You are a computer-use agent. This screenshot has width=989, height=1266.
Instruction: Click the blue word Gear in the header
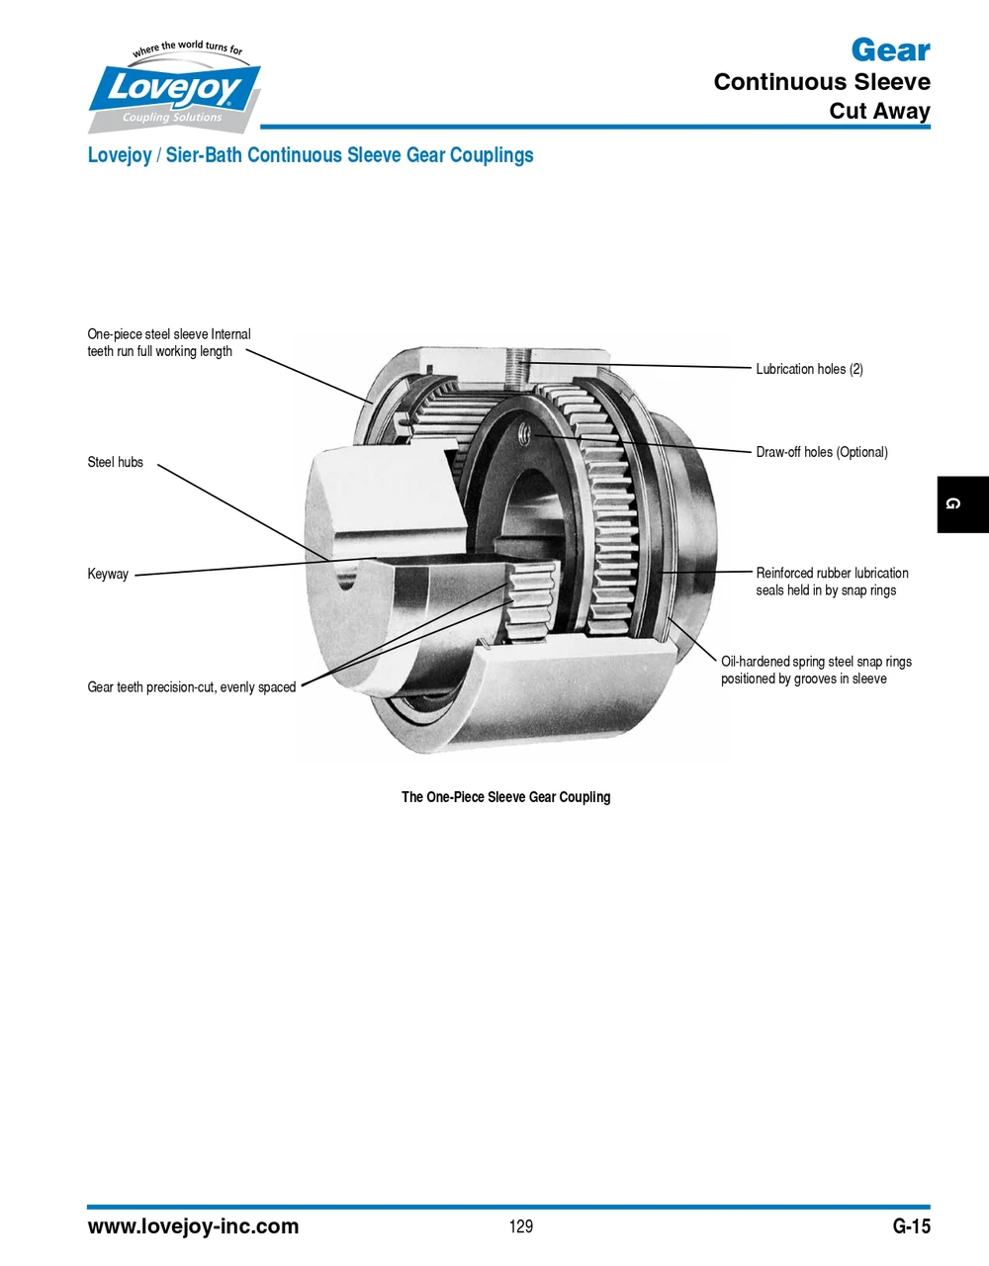[x=890, y=49]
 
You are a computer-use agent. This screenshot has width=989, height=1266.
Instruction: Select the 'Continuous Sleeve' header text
[x=821, y=82]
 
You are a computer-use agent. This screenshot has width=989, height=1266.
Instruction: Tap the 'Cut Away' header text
[x=879, y=111]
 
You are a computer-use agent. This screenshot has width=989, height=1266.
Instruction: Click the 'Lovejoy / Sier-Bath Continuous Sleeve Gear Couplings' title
[x=311, y=155]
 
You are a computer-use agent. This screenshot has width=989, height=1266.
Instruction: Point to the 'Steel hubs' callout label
[x=115, y=462]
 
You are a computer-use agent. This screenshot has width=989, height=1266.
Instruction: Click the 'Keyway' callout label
[x=108, y=574]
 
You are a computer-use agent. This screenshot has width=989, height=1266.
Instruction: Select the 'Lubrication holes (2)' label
[x=809, y=369]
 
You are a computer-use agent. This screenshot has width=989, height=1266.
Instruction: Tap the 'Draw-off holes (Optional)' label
[x=821, y=452]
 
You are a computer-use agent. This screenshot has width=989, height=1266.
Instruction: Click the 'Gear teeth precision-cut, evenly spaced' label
[x=192, y=687]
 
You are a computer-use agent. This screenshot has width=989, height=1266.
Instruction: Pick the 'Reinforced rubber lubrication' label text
[x=832, y=573]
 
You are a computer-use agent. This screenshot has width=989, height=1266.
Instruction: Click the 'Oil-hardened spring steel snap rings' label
[x=816, y=662]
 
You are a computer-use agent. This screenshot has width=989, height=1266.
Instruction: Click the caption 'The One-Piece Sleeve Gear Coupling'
[x=505, y=797]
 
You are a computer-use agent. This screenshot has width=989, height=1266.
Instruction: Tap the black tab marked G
[x=961, y=504]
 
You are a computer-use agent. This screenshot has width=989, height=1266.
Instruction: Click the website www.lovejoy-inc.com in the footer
[x=193, y=1226]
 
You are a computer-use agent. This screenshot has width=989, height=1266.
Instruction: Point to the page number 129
[x=521, y=1226]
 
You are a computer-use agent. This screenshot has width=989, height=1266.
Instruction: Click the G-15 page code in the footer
[x=911, y=1226]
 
